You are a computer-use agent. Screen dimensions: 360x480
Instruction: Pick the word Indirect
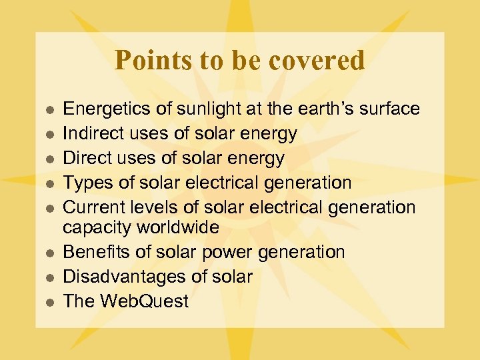91,133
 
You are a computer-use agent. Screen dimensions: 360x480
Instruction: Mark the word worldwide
177,227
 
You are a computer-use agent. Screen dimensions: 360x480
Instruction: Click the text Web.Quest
144,301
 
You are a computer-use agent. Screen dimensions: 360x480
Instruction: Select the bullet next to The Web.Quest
49,303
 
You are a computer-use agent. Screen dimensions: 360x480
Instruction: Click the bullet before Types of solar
49,183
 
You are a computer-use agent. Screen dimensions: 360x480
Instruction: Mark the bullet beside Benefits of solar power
49,253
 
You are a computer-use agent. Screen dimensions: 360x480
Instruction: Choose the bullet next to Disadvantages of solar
49,278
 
